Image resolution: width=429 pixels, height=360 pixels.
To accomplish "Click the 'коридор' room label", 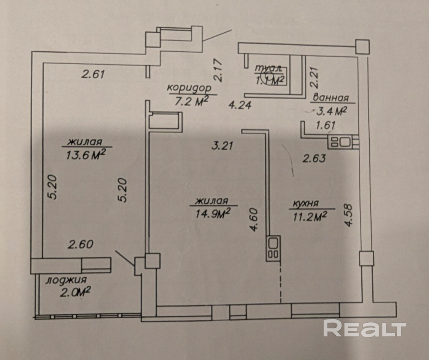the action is point(189,88).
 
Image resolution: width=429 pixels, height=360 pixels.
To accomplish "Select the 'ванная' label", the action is point(330,98).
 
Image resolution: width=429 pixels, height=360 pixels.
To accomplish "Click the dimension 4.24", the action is point(239,105).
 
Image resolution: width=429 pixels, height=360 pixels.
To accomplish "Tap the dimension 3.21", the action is point(222,145).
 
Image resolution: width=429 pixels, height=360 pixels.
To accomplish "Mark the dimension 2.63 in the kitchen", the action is point(314,158).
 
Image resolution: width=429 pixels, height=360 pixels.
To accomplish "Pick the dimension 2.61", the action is point(93,74).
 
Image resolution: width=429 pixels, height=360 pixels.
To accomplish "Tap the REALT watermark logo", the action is point(365,328).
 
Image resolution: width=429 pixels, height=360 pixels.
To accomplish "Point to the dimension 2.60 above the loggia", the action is point(80,244).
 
